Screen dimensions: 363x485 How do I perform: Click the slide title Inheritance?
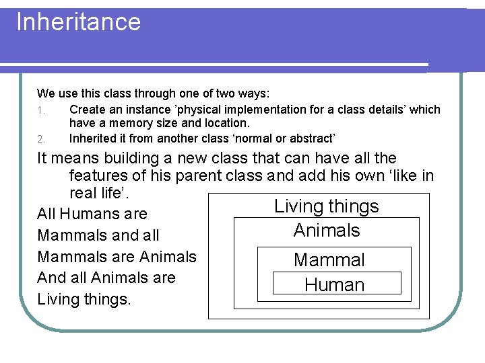click(x=78, y=22)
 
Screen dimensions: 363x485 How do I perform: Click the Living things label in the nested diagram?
click(x=327, y=206)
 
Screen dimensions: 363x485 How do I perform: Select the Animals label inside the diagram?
click(x=327, y=231)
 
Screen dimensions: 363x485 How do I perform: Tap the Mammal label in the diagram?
click(x=329, y=259)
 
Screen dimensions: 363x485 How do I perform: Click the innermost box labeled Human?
click(x=335, y=284)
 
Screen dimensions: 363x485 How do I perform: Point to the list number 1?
click(x=40, y=110)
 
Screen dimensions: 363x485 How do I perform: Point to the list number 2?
click(x=40, y=139)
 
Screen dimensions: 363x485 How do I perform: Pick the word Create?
click(x=86, y=110)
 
